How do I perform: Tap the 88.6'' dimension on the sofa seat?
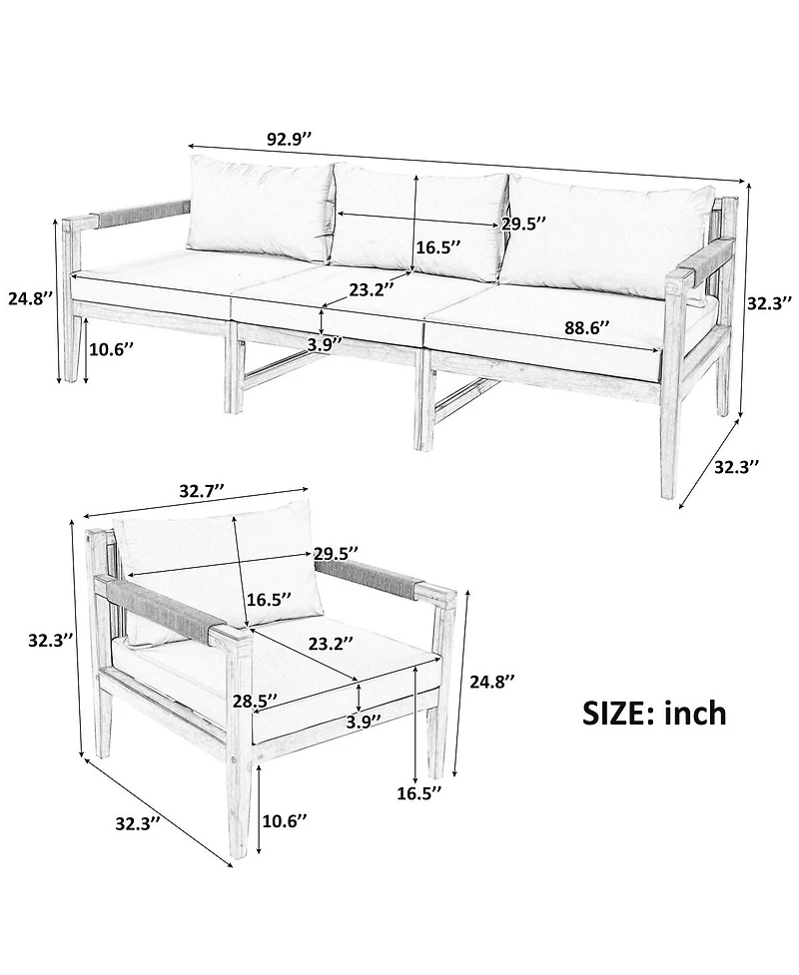(x=587, y=327)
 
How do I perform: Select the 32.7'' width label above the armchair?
(x=202, y=491)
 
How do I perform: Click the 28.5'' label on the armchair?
(x=255, y=701)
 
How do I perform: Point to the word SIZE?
(x=618, y=713)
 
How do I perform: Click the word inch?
(x=696, y=713)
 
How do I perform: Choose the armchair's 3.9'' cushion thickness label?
(x=364, y=722)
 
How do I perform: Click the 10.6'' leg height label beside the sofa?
(x=112, y=349)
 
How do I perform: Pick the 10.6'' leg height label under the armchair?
(x=285, y=820)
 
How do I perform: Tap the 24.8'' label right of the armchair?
(x=492, y=682)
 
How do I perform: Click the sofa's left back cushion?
(x=260, y=208)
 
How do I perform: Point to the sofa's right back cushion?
(x=606, y=237)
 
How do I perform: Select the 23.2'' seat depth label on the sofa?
(x=372, y=289)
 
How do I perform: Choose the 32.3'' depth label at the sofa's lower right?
(x=736, y=467)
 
